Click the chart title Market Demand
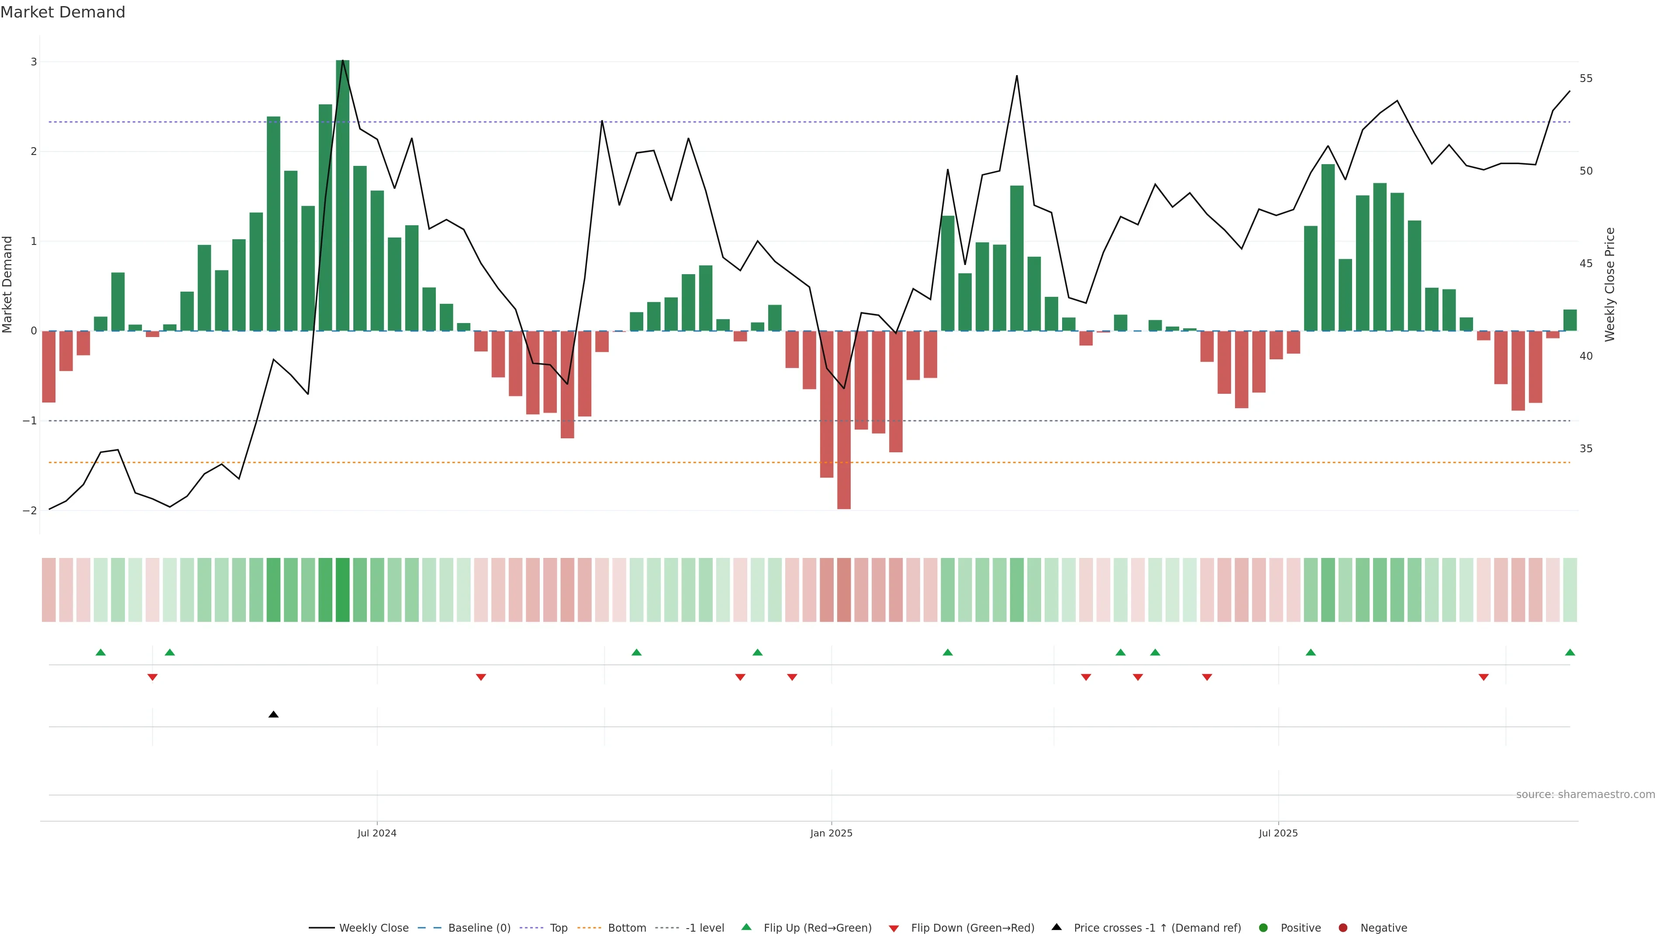tap(62, 12)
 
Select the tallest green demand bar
tap(342, 195)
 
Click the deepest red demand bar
tap(844, 420)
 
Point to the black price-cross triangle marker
tap(273, 715)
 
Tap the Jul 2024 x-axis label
tap(376, 833)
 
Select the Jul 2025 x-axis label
tap(1278, 833)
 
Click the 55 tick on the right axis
tap(1585, 79)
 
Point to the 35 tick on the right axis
tap(1585, 449)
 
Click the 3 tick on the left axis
tap(34, 62)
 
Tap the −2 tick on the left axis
tap(30, 511)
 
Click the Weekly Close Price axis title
tap(1609, 284)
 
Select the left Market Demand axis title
tap(8, 284)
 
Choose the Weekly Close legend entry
tap(373, 928)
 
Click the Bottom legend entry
tap(626, 928)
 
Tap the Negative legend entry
tap(1383, 928)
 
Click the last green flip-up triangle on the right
tap(1570, 653)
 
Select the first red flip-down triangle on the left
tap(152, 678)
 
